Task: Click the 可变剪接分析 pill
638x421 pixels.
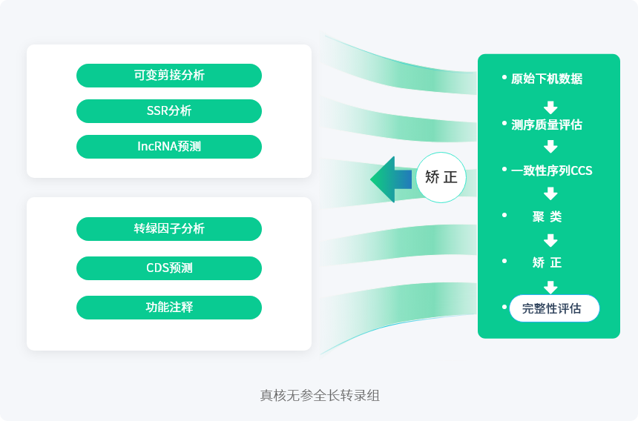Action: pos(169,76)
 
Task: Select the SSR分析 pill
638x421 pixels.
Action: pos(169,111)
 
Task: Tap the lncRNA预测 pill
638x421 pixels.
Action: pos(169,147)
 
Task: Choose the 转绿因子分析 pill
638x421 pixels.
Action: pos(169,229)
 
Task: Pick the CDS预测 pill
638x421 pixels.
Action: pos(169,268)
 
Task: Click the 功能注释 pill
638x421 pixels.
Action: pos(169,308)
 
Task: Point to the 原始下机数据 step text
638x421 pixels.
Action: pos(547,79)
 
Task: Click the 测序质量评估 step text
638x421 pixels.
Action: pos(547,125)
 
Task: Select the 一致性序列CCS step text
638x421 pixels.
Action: pos(551,170)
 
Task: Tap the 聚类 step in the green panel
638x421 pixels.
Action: pos(547,217)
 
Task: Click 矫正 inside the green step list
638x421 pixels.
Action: pos(547,262)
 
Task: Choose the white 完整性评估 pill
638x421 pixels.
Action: pos(553,308)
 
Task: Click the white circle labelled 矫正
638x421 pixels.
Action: pos(441,178)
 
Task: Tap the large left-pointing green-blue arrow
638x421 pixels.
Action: pos(390,179)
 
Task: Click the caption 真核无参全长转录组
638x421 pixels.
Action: pos(319,395)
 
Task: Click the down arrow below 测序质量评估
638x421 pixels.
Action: pos(550,147)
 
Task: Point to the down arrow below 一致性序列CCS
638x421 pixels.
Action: pos(550,194)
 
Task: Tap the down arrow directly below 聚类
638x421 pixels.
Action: pos(550,240)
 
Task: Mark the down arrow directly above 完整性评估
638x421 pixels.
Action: pos(550,287)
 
